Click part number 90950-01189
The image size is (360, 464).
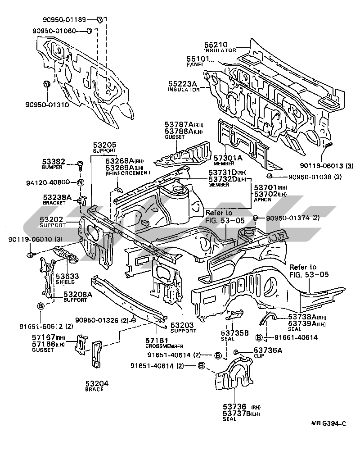(68, 19)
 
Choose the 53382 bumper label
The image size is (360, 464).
(54, 161)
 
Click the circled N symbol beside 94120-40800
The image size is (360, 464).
(80, 182)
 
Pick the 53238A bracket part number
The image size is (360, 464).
(58, 197)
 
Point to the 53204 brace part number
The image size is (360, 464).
(97, 383)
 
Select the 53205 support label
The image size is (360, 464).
(105, 145)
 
